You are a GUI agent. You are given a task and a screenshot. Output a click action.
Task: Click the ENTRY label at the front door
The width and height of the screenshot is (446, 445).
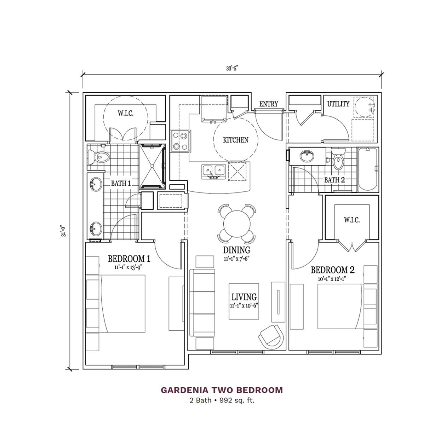click(268, 104)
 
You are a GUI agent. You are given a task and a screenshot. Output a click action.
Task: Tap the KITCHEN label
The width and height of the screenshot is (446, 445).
click(236, 140)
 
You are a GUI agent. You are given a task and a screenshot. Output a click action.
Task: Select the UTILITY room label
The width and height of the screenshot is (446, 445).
click(338, 104)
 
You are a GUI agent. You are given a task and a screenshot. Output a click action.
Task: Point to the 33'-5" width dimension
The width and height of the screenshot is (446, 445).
click(232, 69)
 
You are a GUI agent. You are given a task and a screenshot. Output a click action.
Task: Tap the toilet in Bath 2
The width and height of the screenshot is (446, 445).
click(338, 158)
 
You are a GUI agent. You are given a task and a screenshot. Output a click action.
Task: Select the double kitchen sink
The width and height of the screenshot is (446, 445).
click(213, 172)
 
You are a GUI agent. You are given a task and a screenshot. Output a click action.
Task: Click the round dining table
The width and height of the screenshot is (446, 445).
click(237, 224)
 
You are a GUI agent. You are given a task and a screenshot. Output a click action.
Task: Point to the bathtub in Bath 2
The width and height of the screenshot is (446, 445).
click(368, 170)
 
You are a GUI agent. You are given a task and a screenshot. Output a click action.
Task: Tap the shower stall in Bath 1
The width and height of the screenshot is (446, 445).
click(152, 166)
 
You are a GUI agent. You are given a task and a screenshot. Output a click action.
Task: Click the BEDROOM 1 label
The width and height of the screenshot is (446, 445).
click(129, 259)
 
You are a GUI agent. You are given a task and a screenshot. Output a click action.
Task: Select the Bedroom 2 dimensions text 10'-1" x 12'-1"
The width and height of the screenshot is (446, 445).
click(333, 279)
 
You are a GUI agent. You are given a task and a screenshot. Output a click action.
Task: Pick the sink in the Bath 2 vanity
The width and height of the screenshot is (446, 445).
click(307, 156)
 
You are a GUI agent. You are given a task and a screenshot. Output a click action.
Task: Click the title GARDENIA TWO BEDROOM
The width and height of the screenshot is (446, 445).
click(222, 390)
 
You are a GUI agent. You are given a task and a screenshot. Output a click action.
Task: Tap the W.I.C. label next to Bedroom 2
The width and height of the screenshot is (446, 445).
click(351, 220)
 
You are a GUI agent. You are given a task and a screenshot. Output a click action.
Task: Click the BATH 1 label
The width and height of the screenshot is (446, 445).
click(121, 184)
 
